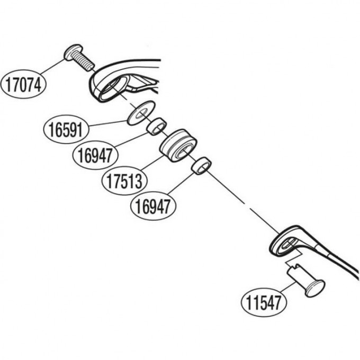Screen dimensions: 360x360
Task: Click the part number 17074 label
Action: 23,84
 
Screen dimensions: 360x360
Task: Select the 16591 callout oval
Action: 66,129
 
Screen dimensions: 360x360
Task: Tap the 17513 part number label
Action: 124,181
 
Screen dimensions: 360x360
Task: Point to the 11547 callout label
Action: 264,303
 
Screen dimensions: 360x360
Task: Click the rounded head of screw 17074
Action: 73,52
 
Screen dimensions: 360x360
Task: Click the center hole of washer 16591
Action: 141,113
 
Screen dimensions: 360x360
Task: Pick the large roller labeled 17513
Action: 178,146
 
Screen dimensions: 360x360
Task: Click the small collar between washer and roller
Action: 157,127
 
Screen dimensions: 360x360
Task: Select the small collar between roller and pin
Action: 201,166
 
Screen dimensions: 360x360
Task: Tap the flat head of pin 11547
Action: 315,289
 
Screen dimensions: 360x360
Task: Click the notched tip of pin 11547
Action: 293,268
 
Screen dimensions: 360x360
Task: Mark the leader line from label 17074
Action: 52,67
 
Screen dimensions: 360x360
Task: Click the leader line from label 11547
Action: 288,289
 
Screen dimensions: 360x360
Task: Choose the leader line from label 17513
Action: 152,163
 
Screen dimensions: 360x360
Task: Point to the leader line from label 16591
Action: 108,123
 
